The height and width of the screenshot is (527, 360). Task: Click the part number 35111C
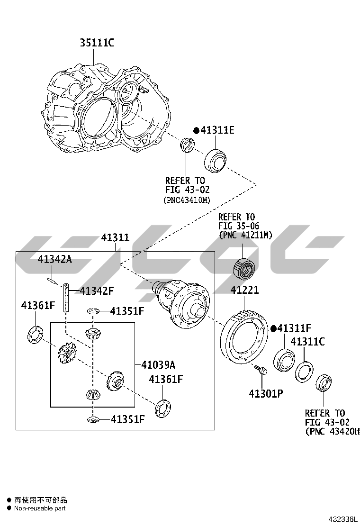click(x=97, y=44)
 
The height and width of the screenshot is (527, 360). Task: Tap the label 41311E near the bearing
click(x=217, y=130)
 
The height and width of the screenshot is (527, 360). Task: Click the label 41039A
click(x=158, y=364)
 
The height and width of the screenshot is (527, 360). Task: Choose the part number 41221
click(x=244, y=290)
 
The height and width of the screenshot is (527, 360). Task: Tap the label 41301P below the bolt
click(x=266, y=393)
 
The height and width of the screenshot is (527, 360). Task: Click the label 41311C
click(x=307, y=341)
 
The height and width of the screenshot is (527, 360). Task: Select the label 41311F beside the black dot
click(x=294, y=328)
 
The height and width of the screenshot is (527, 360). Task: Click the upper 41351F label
click(x=127, y=311)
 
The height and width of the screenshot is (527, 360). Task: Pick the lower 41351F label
click(x=127, y=419)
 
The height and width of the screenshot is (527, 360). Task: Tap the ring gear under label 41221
click(x=244, y=337)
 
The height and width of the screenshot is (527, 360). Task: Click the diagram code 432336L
click(x=344, y=520)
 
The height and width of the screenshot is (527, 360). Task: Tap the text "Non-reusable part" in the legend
click(x=40, y=508)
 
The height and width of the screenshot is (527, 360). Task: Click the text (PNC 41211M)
click(x=245, y=235)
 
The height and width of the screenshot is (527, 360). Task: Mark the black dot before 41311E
click(x=196, y=130)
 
